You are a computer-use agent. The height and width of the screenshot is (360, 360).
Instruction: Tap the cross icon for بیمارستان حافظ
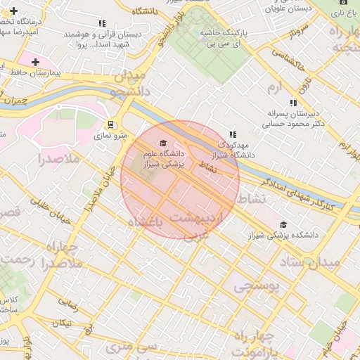[35, 63]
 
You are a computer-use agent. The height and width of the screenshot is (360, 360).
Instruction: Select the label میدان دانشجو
[127, 83]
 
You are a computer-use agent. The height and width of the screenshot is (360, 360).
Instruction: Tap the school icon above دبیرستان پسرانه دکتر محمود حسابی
[293, 103]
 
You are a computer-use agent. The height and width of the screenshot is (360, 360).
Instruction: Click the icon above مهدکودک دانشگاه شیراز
[233, 134]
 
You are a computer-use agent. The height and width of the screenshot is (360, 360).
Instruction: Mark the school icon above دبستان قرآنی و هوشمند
[103, 23]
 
